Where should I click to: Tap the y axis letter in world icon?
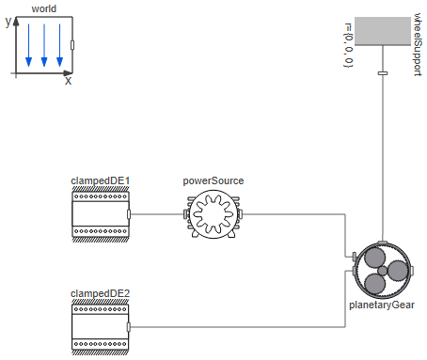point(8,22)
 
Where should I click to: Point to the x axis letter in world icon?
point(68,82)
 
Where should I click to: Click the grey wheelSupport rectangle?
point(383,32)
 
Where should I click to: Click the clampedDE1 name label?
point(101,180)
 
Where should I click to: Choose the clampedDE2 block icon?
point(101,327)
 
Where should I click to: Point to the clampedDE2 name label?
point(101,293)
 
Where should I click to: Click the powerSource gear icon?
point(213,214)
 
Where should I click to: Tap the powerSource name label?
point(213,180)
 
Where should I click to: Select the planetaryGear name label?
point(383,305)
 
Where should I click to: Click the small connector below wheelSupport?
point(383,72)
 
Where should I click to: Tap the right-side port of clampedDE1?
point(130,214)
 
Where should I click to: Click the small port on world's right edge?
point(73,44)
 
